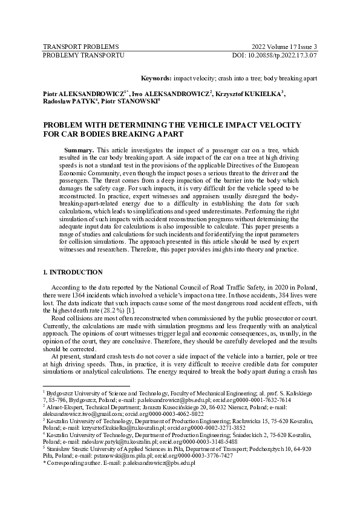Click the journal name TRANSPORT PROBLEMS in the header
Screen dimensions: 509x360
coord(80,47)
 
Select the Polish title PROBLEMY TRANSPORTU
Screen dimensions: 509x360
coord(83,55)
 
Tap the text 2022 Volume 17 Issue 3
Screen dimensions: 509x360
coord(284,47)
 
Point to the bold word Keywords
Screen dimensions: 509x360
coord(155,79)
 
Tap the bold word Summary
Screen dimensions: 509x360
coord(79,149)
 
